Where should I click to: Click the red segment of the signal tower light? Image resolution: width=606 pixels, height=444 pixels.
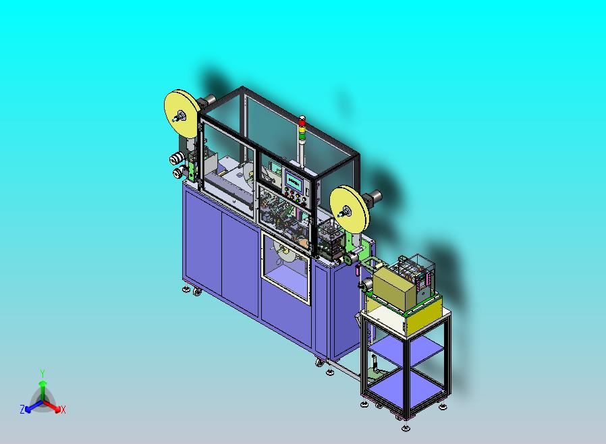(302, 123)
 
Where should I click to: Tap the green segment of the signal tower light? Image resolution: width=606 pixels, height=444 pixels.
(302, 136)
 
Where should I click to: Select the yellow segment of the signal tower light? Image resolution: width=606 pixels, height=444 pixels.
(302, 130)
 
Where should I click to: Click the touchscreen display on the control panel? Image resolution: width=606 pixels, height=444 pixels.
(294, 180)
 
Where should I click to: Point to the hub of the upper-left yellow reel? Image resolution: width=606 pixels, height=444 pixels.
(180, 115)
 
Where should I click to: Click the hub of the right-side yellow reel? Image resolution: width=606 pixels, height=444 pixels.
(344, 211)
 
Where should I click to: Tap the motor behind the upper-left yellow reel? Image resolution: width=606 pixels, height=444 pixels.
(206, 101)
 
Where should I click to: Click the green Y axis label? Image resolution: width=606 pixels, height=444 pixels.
(43, 373)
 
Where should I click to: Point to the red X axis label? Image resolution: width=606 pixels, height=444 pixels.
(63, 410)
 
